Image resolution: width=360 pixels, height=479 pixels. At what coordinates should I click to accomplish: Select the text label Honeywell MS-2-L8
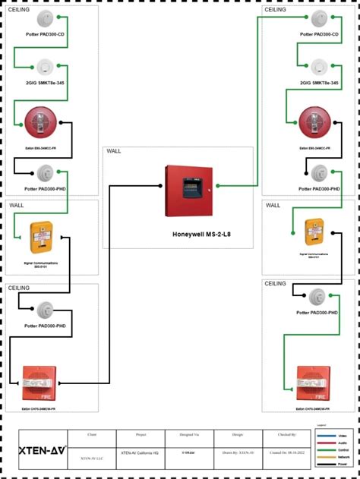point(202,235)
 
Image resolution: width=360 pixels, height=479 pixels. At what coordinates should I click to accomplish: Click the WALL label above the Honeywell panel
point(114,151)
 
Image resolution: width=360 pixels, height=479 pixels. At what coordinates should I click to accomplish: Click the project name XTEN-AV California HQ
point(141,452)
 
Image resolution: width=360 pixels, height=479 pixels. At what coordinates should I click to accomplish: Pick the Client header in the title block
point(92,435)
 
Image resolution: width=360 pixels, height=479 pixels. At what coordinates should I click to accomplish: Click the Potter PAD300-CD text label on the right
point(319,34)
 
